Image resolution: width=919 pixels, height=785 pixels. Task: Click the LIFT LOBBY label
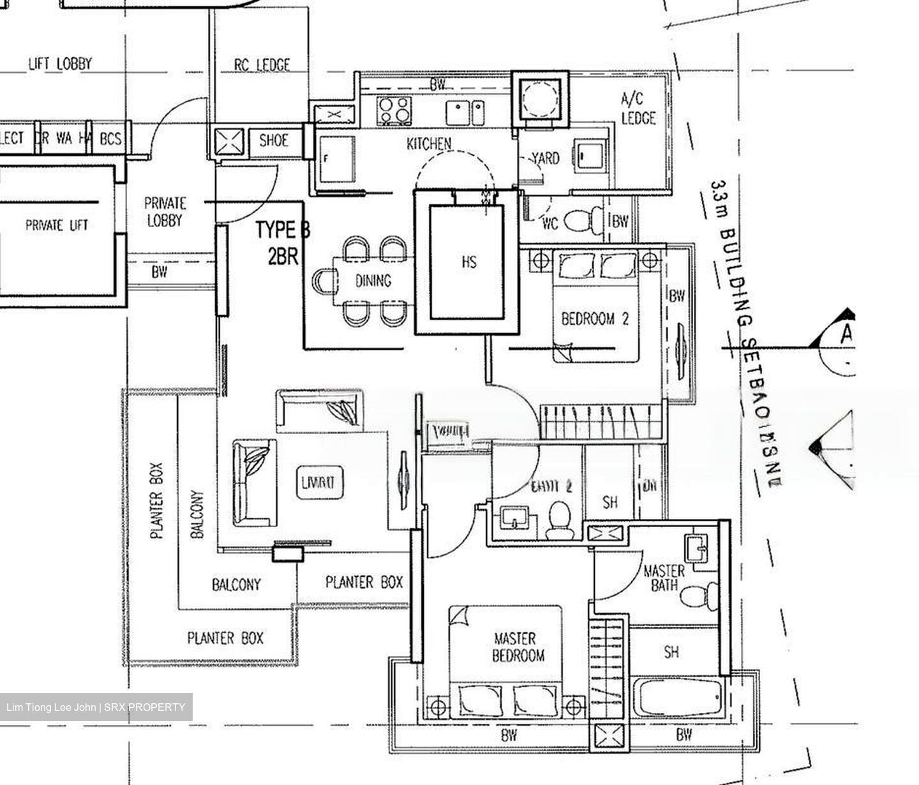click(x=60, y=64)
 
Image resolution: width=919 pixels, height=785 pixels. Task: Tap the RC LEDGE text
click(x=262, y=64)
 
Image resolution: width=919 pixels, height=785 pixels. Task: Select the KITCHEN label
click(x=429, y=144)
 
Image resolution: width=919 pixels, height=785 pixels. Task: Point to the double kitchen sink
click(x=465, y=113)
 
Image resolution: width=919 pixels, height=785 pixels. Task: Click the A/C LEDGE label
click(x=638, y=108)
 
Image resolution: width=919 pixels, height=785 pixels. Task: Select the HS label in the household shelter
click(x=468, y=262)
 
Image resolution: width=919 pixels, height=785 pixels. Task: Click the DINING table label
click(x=373, y=280)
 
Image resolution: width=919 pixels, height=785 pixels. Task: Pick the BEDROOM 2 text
click(x=595, y=318)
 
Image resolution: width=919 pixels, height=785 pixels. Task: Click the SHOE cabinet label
click(x=274, y=140)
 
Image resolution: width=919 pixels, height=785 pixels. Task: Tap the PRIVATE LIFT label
click(x=57, y=225)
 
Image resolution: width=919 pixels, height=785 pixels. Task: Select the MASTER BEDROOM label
click(x=518, y=646)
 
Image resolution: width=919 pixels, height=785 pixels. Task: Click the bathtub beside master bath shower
click(x=680, y=701)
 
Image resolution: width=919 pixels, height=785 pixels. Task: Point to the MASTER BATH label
click(x=664, y=577)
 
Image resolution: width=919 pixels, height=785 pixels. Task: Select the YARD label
click(x=546, y=158)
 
